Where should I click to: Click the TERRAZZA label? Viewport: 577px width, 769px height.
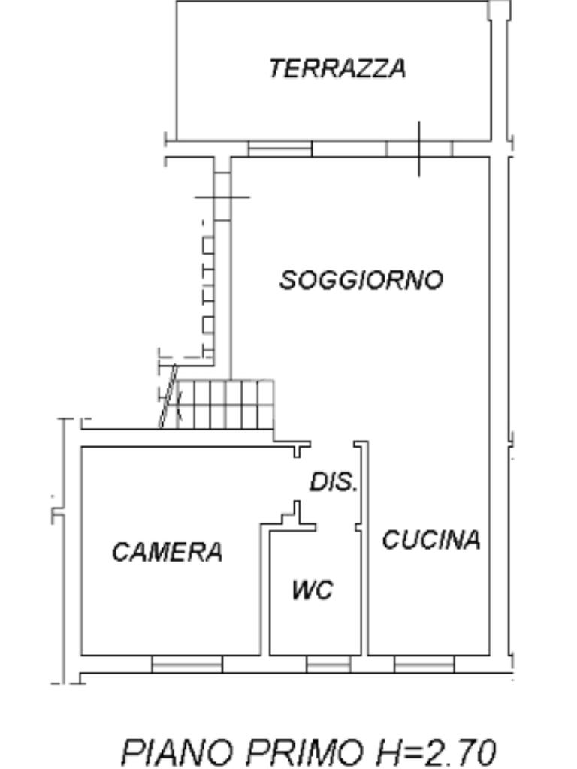337,68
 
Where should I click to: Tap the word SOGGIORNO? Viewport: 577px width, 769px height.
361,280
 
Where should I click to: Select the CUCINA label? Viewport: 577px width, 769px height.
430,540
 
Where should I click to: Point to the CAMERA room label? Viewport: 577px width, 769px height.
167,552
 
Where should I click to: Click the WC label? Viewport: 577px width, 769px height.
312,590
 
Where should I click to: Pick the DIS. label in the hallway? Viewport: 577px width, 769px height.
333,482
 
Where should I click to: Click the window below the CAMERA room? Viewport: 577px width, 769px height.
187,664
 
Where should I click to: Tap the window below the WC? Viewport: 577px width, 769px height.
328,664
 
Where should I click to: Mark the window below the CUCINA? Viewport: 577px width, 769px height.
424,664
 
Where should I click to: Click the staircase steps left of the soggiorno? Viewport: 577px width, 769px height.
225,403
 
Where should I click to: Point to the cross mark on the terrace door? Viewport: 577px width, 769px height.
419,149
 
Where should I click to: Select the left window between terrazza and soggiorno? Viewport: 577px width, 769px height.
279,149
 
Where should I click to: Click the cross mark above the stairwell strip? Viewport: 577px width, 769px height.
222,198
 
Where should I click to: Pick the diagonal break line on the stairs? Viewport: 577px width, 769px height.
168,397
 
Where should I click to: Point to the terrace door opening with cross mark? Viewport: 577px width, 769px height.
419,149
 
